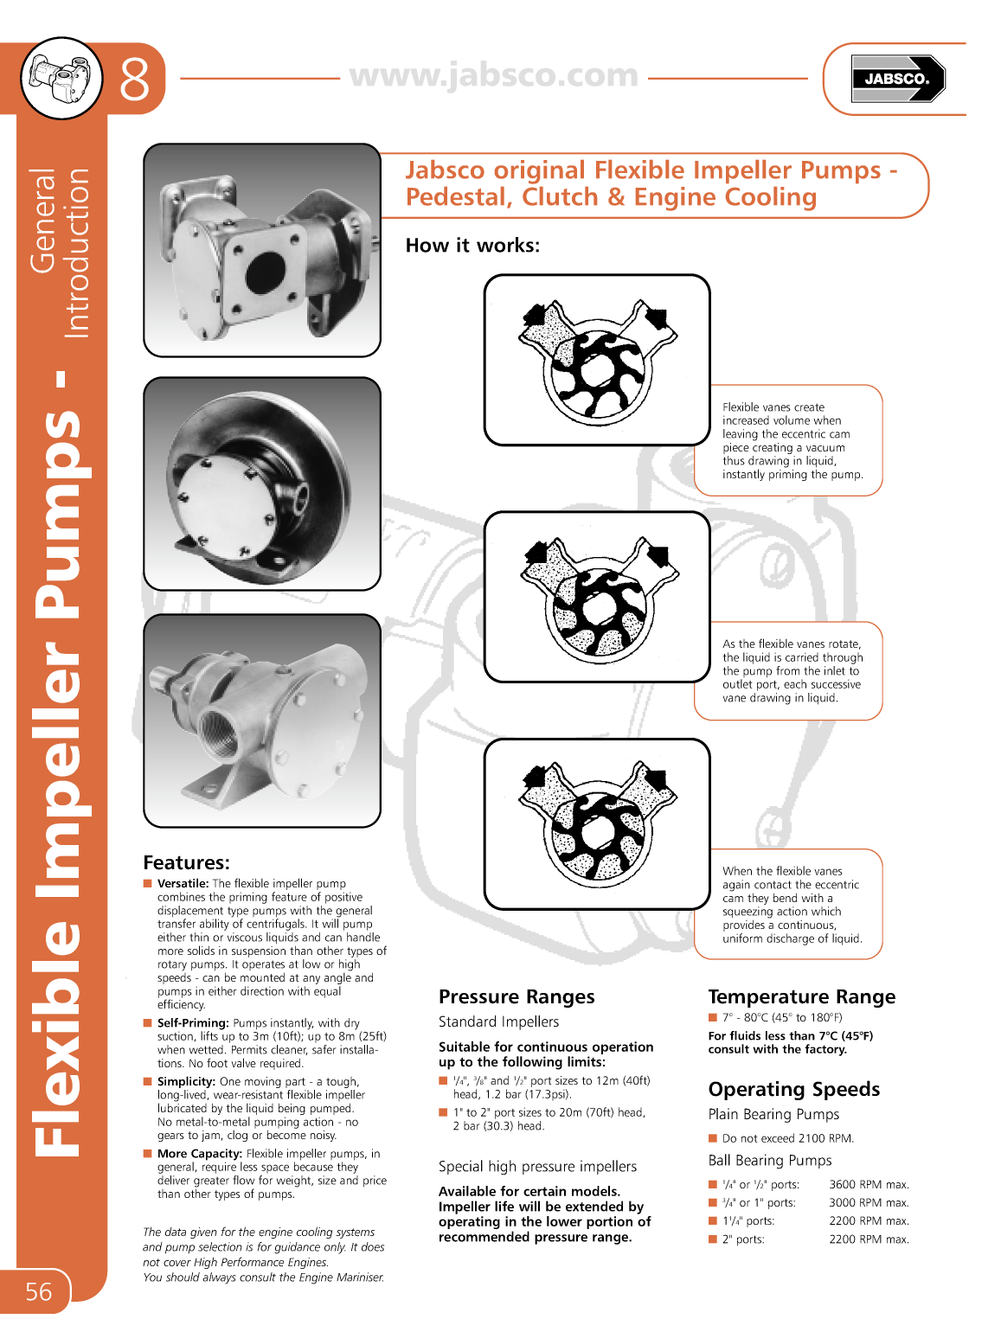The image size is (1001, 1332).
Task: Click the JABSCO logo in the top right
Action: [897, 79]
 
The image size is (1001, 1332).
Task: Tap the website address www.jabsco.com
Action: [493, 75]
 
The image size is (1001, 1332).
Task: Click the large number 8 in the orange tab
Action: [134, 80]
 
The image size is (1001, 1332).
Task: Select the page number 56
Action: [38, 1291]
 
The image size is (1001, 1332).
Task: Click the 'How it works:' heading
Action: [472, 246]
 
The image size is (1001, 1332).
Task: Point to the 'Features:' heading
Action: [186, 862]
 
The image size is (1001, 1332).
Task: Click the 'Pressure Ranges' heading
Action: [517, 996]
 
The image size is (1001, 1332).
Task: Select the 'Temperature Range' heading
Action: [801, 996]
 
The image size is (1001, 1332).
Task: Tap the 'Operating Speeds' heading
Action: [793, 1089]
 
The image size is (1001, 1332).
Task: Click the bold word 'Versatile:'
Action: [183, 883]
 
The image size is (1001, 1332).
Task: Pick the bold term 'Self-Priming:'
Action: [193, 1022]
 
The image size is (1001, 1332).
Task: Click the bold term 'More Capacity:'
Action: [199, 1153]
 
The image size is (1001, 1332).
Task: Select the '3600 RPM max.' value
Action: [869, 1184]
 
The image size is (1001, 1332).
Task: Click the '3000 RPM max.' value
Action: [869, 1202]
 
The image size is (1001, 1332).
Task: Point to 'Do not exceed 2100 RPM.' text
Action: [787, 1138]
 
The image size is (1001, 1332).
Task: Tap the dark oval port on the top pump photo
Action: [265, 272]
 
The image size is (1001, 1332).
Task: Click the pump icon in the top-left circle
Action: [61, 78]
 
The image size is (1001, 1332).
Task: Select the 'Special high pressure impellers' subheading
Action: [537, 1166]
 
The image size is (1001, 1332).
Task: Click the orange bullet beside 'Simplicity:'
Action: [148, 1081]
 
